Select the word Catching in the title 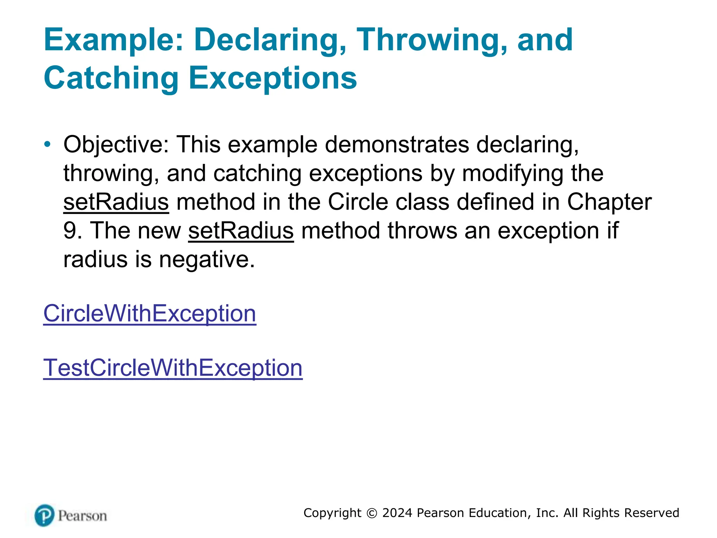point(111,78)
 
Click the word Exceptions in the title point(273,78)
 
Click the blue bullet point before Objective point(47,144)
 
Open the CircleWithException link point(149,313)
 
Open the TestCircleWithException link point(173,368)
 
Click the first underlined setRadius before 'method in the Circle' point(116,202)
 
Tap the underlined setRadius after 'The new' point(241,231)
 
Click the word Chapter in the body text point(609,202)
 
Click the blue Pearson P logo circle point(44,515)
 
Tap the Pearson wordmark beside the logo point(82,516)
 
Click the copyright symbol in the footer point(371,513)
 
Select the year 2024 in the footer point(397,513)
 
